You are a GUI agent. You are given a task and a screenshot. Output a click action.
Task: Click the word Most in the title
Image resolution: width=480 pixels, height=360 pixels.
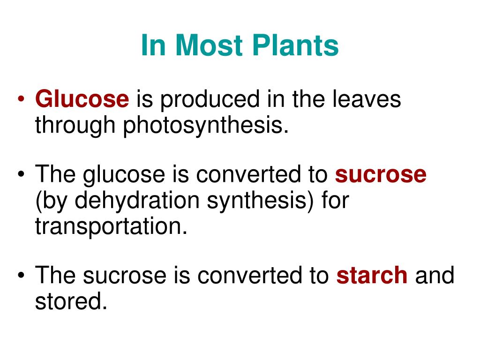coord(209,45)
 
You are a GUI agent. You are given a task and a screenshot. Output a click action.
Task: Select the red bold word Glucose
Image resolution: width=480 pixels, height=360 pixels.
coord(82,99)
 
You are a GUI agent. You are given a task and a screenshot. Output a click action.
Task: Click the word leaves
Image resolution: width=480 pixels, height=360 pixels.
coord(367,99)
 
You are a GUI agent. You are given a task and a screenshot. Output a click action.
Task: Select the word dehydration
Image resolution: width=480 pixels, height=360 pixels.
coord(137,201)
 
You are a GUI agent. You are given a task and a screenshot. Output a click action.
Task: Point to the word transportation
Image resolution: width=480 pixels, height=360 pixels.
coord(111,226)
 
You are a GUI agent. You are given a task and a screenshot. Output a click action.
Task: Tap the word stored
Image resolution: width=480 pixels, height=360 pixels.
coord(71,301)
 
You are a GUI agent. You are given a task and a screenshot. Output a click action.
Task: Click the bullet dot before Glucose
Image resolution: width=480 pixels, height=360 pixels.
coord(21,99)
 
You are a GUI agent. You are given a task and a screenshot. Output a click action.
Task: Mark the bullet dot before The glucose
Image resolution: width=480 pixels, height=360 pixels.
coord(21,174)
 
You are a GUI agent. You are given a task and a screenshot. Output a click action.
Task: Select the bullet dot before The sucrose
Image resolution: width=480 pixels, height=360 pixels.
coord(21,275)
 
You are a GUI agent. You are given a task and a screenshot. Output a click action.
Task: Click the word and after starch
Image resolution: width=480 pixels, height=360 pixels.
coord(435,275)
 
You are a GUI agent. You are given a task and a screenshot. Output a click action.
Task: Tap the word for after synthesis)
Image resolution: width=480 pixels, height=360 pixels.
coord(335,200)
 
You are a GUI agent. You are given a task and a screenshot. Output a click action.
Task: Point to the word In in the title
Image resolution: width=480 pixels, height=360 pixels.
coord(153,45)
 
